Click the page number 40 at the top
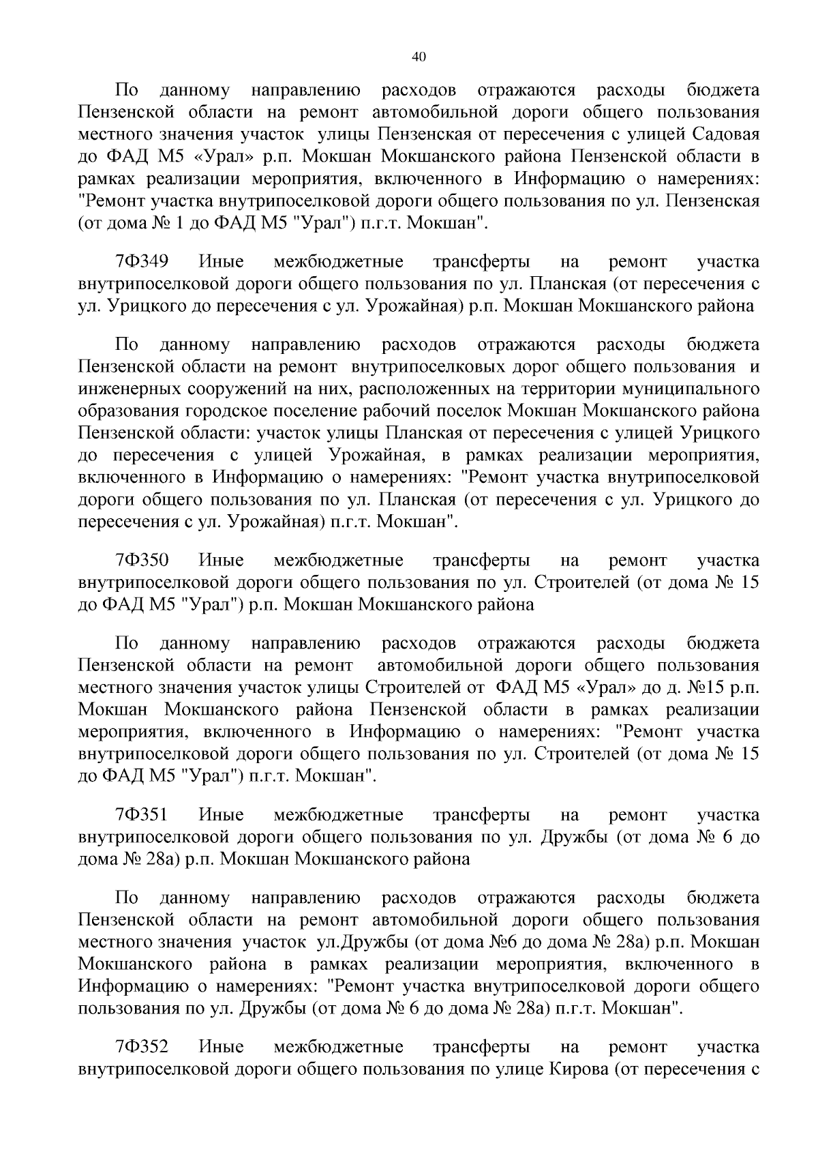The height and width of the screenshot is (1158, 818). (419, 57)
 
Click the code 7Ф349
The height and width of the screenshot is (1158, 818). (142, 262)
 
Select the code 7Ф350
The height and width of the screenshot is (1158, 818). (142, 561)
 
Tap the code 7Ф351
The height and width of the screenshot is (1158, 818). (142, 815)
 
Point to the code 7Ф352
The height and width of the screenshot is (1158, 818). (142, 1047)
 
